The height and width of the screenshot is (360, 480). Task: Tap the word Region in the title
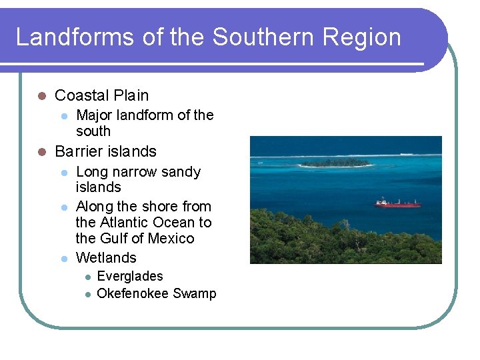click(362, 37)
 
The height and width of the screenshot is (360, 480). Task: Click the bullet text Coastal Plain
click(101, 95)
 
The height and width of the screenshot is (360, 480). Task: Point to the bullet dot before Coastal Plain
click(41, 96)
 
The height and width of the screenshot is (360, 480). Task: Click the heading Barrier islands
click(105, 151)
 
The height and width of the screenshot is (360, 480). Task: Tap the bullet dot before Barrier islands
click(41, 152)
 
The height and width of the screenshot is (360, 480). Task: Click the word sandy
click(180, 172)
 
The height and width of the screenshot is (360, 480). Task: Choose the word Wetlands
click(106, 257)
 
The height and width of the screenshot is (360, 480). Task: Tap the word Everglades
click(129, 276)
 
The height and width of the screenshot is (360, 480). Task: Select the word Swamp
click(195, 294)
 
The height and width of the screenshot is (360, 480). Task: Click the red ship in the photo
click(397, 203)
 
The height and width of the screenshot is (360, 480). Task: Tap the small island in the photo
click(336, 162)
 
